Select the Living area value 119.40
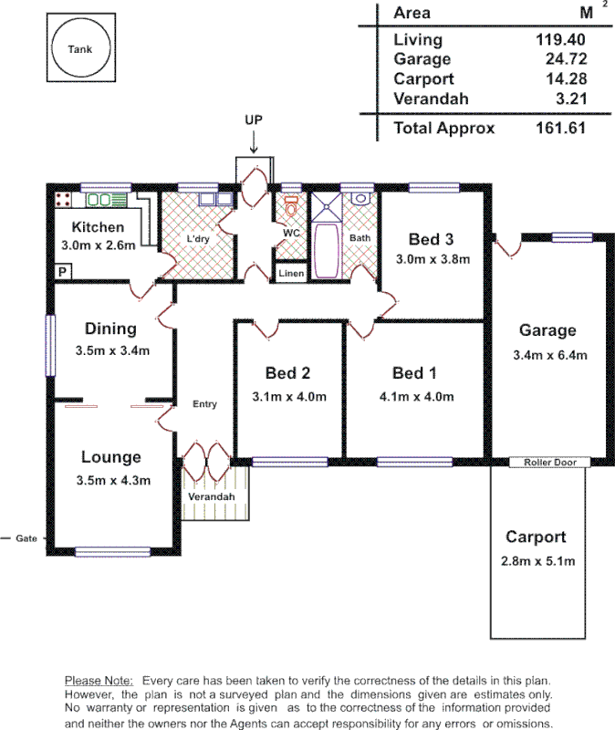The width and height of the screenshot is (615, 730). click(559, 40)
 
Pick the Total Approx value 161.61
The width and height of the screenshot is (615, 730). click(559, 128)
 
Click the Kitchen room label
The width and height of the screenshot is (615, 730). click(98, 227)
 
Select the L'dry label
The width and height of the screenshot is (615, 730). click(198, 239)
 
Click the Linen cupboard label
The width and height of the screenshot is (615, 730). click(290, 273)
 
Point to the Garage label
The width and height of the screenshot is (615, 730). click(547, 330)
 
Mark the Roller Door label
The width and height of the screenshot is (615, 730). click(549, 463)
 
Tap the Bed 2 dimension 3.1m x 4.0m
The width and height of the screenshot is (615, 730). click(288, 397)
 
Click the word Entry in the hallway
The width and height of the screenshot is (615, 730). click(204, 403)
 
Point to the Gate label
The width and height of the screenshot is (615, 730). click(26, 538)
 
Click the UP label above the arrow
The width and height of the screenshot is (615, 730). click(254, 120)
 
